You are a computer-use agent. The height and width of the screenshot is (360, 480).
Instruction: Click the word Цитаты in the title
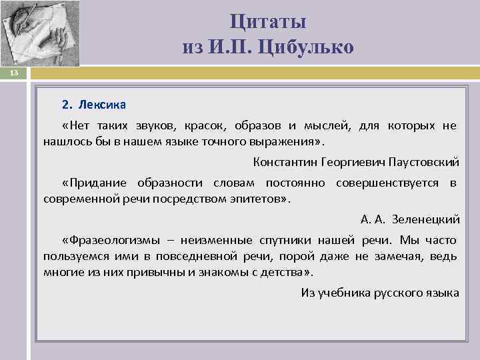click(x=268, y=21)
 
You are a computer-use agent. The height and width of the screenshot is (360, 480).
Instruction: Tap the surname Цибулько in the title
click(x=309, y=47)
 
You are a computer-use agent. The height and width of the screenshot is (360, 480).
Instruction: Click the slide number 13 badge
click(x=13, y=73)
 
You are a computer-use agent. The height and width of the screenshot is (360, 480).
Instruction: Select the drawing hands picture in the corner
click(x=40, y=33)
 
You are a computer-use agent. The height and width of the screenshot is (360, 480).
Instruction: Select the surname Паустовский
click(x=424, y=162)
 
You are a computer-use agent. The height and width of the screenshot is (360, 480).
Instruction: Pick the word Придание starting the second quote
click(x=97, y=183)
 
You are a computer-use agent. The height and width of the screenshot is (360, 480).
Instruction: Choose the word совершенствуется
click(x=387, y=183)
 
